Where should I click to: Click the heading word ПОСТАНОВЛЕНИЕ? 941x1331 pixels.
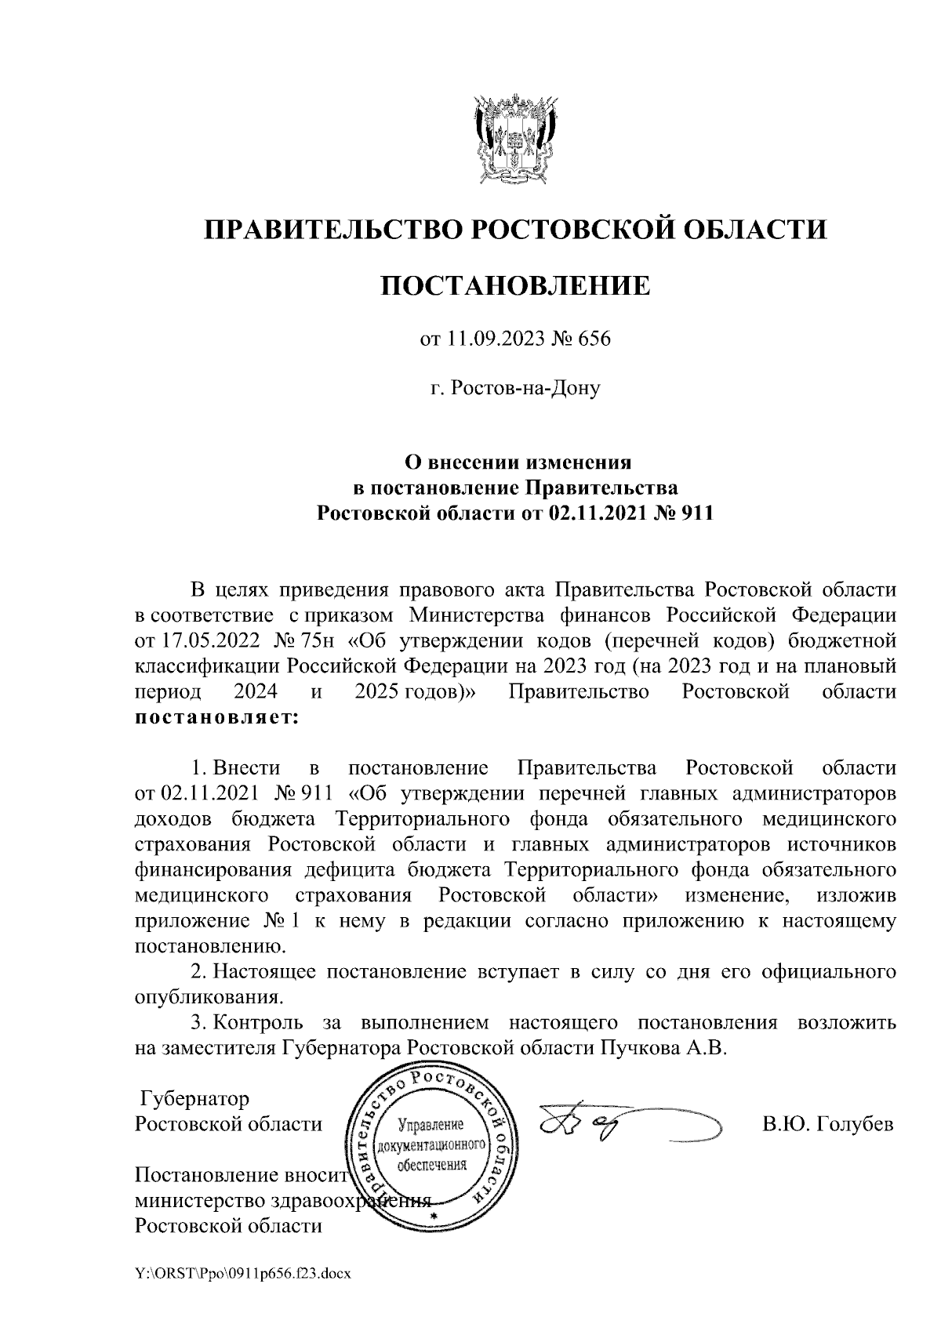pos(515,286)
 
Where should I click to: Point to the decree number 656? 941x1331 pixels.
pos(594,340)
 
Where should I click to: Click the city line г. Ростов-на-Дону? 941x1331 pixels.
pos(515,388)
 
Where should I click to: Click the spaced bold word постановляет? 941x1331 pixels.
pos(216,717)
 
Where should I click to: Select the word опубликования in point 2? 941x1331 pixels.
pos(208,998)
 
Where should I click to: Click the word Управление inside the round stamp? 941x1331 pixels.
pos(432,1126)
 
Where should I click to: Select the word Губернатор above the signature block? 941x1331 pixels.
pos(194,1098)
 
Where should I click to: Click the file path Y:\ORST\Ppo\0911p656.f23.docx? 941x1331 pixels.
pos(242,1275)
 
